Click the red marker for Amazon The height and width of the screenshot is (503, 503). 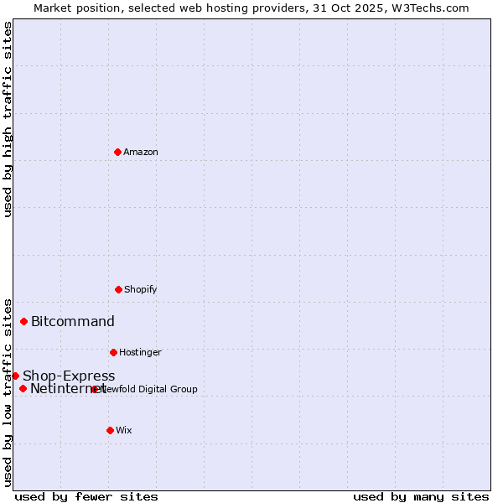pyautogui.click(x=117, y=152)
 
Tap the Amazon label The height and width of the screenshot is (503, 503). pyautogui.click(x=141, y=153)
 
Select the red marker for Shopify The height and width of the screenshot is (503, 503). pyautogui.click(x=118, y=289)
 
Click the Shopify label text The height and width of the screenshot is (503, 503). pyautogui.click(x=141, y=290)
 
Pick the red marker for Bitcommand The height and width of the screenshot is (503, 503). pyautogui.click(x=24, y=321)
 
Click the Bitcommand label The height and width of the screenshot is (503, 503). pyautogui.click(x=73, y=322)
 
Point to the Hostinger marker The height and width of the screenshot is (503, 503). pyautogui.click(x=113, y=352)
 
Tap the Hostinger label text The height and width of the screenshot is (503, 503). pyautogui.click(x=140, y=353)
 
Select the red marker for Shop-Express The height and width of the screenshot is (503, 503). pyautogui.click(x=15, y=376)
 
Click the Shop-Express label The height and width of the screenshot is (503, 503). pyautogui.click(x=69, y=376)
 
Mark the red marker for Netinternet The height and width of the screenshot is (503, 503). pyautogui.click(x=23, y=388)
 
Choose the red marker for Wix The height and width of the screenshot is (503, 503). pyautogui.click(x=110, y=430)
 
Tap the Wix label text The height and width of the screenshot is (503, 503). pyautogui.click(x=124, y=431)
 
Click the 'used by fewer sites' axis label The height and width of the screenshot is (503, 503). pyautogui.click(x=86, y=496)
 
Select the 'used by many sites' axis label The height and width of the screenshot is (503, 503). pyautogui.click(x=421, y=496)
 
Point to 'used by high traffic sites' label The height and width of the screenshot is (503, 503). pyautogui.click(x=8, y=119)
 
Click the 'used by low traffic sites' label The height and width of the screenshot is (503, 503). pyautogui.click(x=8, y=392)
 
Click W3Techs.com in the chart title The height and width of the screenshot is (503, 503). pyautogui.click(x=428, y=8)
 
